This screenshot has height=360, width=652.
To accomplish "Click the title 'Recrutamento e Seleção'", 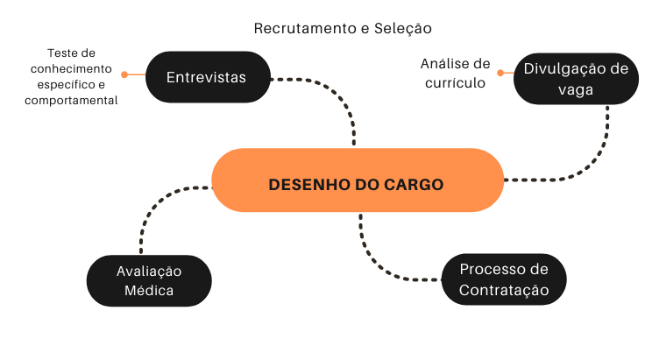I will (343, 28).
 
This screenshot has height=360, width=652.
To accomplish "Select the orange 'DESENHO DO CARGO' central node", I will (357, 184).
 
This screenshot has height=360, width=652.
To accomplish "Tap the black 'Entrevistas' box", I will (206, 77).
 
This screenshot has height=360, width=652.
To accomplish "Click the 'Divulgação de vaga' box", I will (577, 78).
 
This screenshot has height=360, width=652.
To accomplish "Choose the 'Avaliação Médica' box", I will (148, 280).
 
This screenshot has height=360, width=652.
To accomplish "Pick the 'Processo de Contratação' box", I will (503, 279).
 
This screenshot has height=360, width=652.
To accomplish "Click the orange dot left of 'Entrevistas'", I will (124, 74).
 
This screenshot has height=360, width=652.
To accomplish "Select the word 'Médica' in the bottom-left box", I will (148, 291).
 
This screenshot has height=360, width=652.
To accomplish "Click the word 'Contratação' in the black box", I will (503, 290).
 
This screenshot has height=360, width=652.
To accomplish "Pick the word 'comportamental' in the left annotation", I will (69, 101).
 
